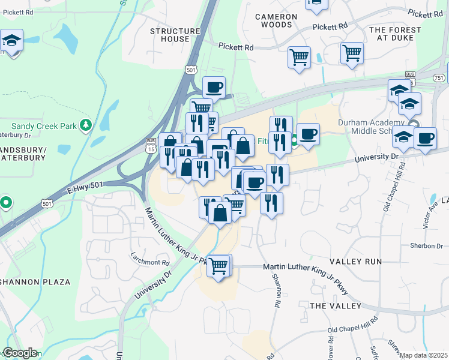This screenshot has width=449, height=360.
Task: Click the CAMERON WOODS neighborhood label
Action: pos(276,20)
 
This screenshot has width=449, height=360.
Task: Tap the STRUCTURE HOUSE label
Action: pos(175,35)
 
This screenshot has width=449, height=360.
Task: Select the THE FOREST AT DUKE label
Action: pos(395,34)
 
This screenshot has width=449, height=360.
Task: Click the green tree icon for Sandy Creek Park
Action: pos(86,124)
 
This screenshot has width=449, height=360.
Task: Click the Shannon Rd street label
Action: pos(277,290)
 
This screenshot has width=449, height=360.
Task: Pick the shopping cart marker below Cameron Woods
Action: pos(299,58)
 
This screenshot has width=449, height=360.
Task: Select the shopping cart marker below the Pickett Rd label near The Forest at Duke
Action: pos(352,53)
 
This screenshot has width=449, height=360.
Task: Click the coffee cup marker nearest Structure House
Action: pos(214,88)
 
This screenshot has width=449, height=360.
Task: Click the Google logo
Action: pos(19,353)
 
